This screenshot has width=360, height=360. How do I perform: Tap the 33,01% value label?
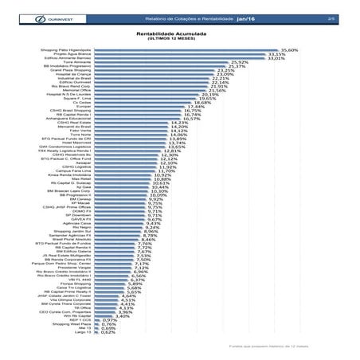[x=276, y=58]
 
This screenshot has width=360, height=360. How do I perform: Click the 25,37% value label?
[x=237, y=67]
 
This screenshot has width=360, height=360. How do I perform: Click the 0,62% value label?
[x=108, y=332]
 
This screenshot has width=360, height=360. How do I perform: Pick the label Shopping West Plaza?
[x=72, y=323]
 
